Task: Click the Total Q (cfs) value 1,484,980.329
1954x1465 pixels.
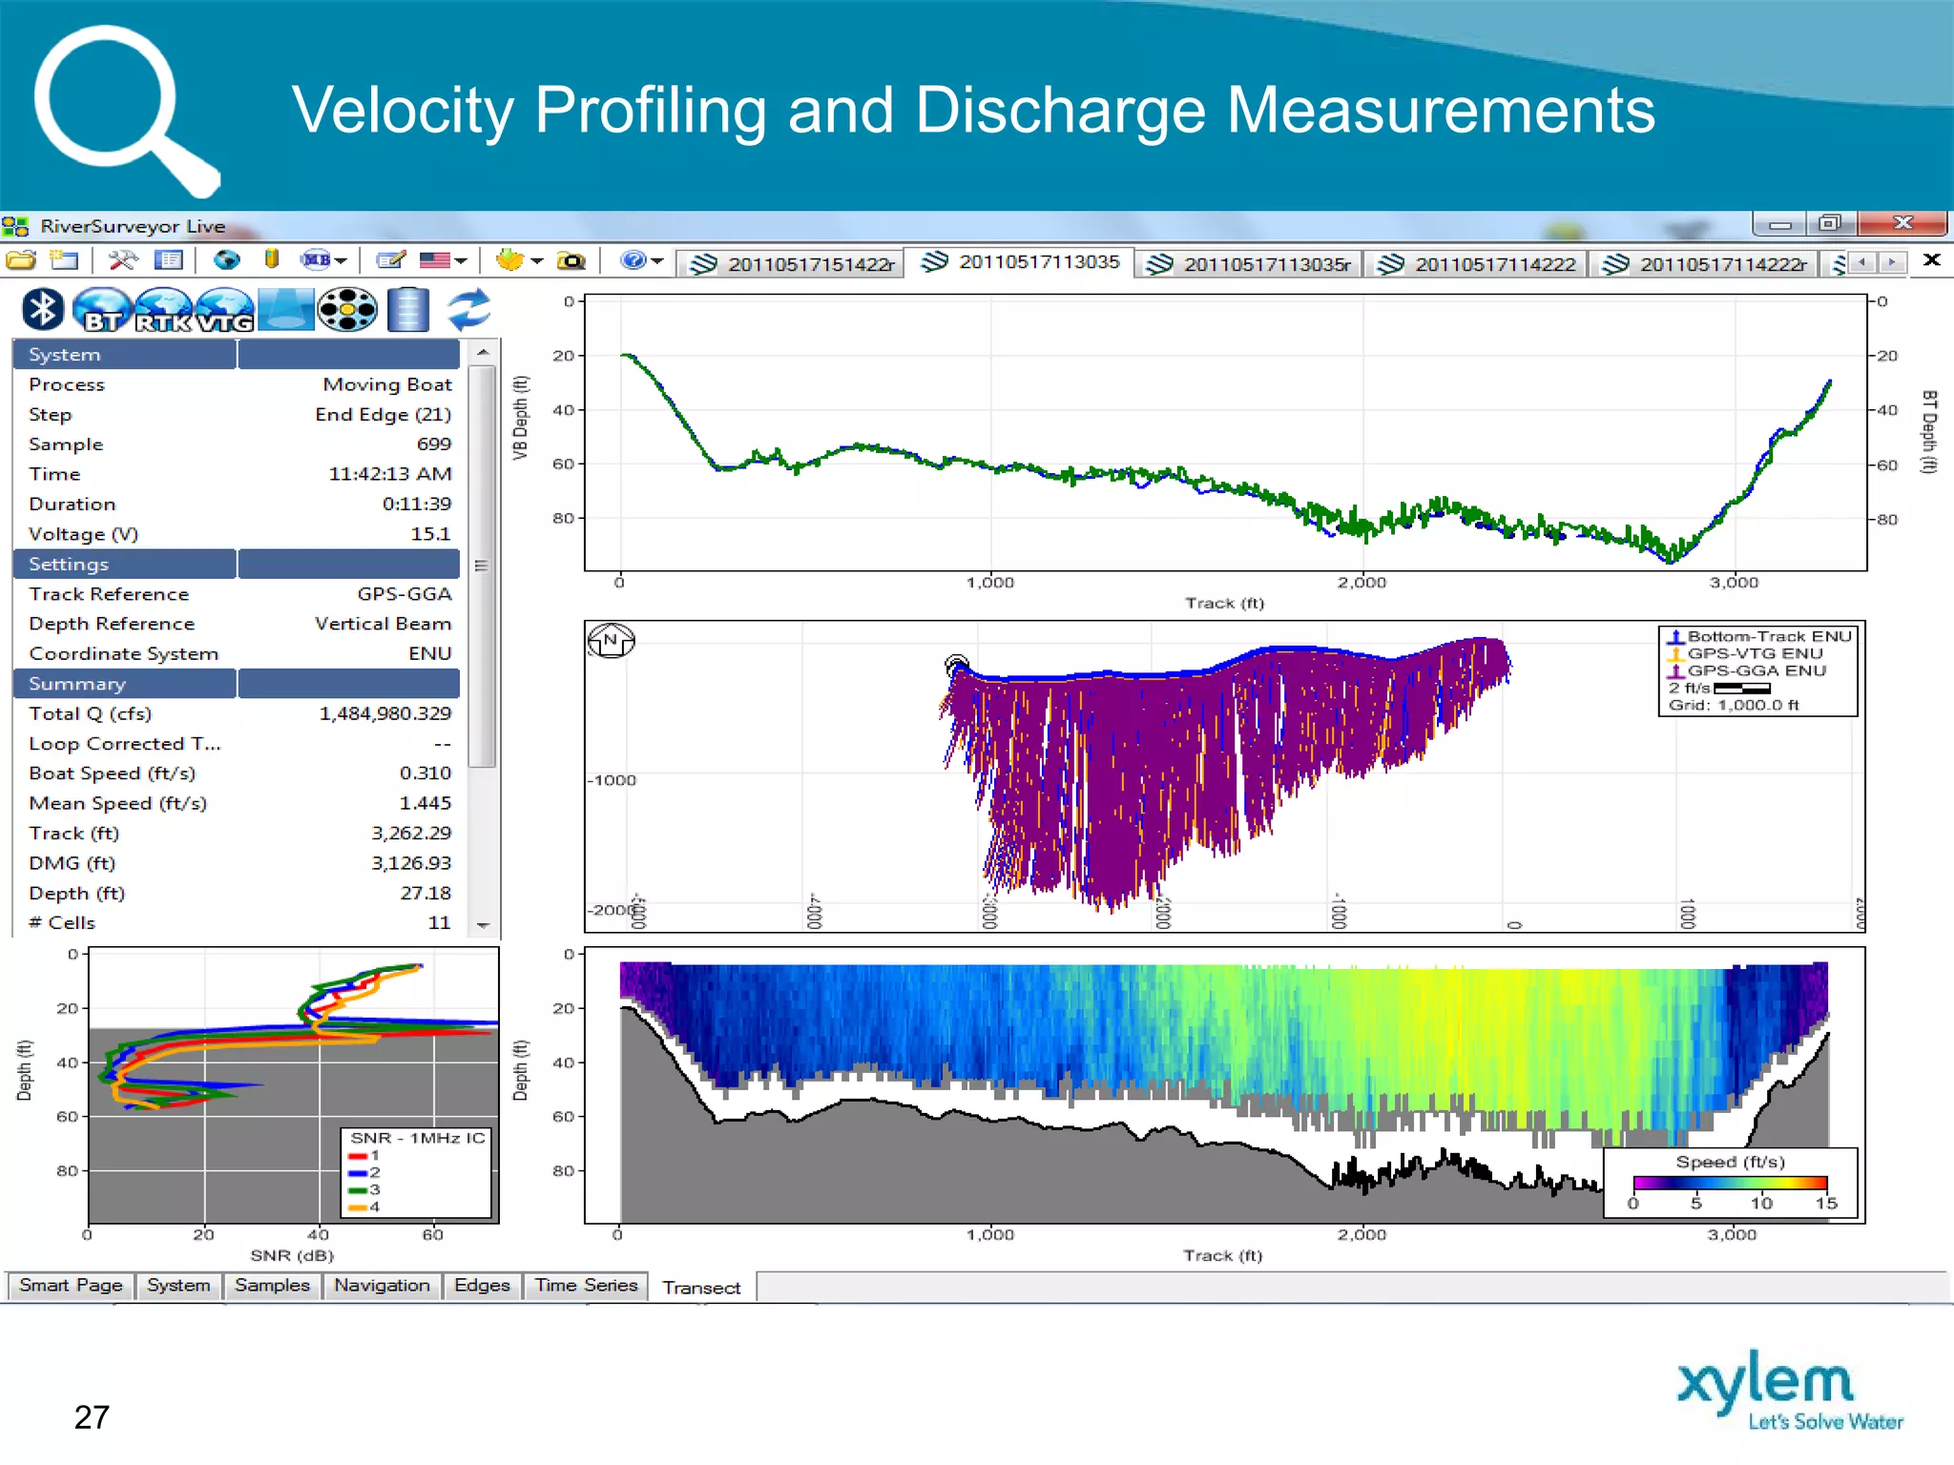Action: click(385, 713)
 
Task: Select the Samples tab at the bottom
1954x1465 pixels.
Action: click(272, 1285)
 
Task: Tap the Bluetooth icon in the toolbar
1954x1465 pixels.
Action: click(43, 309)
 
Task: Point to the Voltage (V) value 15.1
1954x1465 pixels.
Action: click(430, 533)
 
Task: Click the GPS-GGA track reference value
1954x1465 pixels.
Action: click(404, 593)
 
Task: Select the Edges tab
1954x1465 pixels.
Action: click(482, 1285)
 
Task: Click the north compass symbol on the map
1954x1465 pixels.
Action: click(611, 640)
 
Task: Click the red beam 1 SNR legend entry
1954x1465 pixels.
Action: click(364, 1155)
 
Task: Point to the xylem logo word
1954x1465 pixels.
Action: click(1765, 1383)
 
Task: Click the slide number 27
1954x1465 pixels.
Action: click(92, 1417)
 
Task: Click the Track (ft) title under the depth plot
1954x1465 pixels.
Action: click(1224, 603)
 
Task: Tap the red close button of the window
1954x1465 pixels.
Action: click(1902, 223)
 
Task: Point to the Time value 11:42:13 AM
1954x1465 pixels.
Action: click(389, 474)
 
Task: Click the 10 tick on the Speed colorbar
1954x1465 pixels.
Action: click(1761, 1203)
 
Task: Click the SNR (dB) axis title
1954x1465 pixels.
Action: click(292, 1255)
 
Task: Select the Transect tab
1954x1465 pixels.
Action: click(701, 1288)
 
